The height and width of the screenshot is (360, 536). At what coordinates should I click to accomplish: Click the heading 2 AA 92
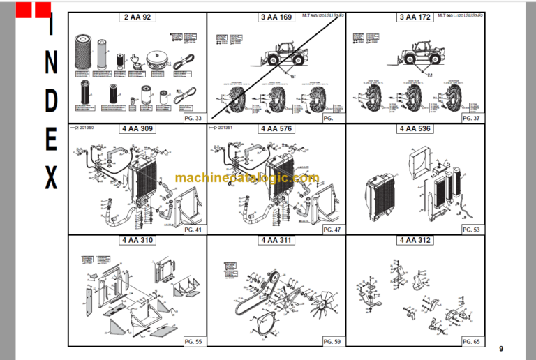coord(137,17)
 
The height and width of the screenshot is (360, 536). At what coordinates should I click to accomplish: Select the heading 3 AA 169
coord(276,17)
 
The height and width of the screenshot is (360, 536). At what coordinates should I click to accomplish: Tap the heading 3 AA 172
coord(415,17)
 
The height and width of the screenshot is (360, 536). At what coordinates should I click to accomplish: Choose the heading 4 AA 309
coord(137,129)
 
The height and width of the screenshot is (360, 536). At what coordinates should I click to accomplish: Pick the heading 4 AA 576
coord(276,129)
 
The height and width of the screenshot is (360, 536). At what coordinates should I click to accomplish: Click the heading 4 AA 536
coord(415,129)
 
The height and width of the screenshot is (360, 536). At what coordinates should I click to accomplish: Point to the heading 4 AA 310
coord(137,241)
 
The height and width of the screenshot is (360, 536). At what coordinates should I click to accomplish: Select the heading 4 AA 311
coord(276,241)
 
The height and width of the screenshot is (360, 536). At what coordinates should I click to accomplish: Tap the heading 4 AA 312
coord(415,241)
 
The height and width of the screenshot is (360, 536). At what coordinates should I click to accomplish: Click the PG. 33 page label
coord(193,119)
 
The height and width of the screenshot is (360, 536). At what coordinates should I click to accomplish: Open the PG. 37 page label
coord(472,119)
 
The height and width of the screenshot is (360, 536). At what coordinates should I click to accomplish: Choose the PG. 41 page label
coord(193,230)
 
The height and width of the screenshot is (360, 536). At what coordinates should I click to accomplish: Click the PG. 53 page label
coord(472,230)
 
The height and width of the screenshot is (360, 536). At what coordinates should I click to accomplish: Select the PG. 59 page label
coord(332,341)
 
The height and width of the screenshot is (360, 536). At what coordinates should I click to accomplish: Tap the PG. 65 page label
coord(472,341)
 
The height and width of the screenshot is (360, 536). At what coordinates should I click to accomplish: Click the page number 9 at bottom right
coord(500,349)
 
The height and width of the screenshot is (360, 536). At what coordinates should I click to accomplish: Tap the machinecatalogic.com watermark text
coord(247,179)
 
